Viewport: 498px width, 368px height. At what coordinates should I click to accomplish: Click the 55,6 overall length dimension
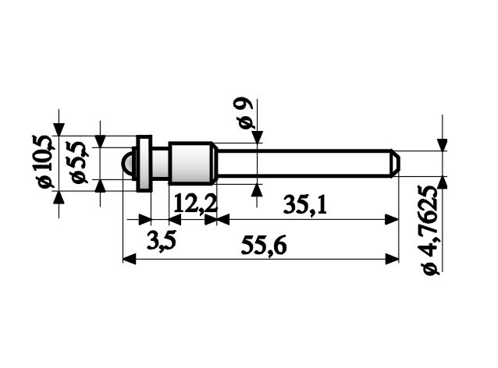(x=264, y=246)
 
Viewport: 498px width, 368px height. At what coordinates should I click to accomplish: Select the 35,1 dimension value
(x=304, y=205)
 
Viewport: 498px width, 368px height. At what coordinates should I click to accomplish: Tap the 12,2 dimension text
(x=194, y=205)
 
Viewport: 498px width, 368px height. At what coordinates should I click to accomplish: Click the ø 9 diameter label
(x=246, y=114)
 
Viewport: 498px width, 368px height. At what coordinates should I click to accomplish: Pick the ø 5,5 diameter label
(x=80, y=163)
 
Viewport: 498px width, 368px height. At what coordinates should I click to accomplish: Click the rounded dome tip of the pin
(x=127, y=164)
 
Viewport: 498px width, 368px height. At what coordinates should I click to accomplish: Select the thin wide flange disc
(x=144, y=164)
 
